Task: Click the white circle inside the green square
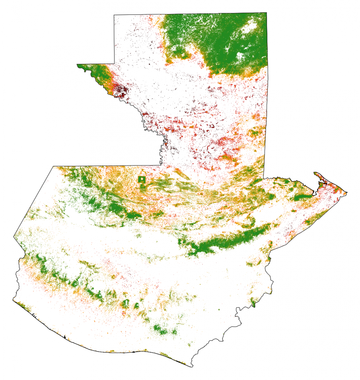click(x=142, y=179)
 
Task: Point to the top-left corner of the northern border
click(x=114, y=15)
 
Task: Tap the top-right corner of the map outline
click(x=266, y=13)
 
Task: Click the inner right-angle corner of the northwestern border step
click(x=114, y=64)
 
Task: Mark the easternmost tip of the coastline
click(x=347, y=192)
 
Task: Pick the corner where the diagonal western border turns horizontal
click(x=53, y=166)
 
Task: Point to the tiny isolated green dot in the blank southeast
click(x=219, y=309)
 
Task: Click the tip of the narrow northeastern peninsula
click(x=315, y=173)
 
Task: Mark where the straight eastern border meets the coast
click(x=264, y=178)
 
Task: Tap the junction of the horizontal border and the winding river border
click(x=160, y=165)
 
